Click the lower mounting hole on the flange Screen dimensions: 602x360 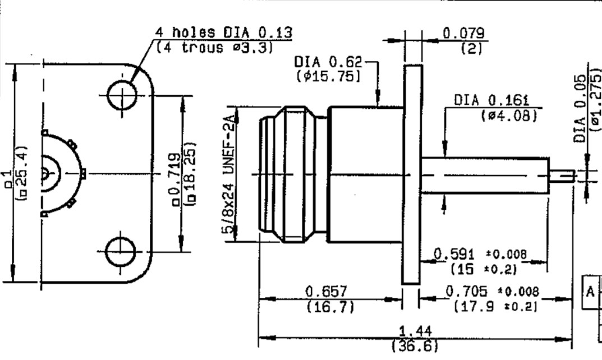[121, 252]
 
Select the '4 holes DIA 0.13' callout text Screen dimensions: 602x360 [224, 32]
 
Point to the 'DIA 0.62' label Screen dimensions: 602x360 [328, 62]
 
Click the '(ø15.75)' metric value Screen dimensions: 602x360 [329, 76]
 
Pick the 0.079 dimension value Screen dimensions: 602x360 [464, 33]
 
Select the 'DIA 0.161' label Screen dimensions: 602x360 [492, 100]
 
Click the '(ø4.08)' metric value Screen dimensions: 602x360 [509, 115]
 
